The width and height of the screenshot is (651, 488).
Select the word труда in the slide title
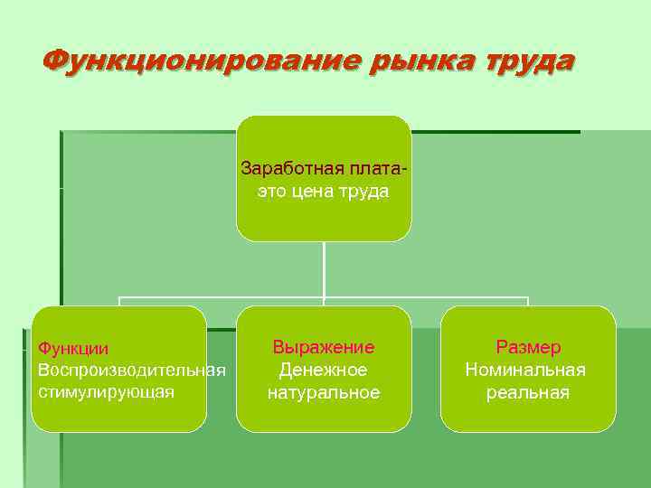point(524,61)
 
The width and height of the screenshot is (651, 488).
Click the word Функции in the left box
point(73,348)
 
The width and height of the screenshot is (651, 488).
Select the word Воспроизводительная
point(131,371)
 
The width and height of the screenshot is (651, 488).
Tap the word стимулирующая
point(106,393)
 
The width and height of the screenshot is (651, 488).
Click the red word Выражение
point(324,347)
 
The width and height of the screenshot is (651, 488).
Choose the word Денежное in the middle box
point(324,370)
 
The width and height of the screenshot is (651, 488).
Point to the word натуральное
point(324,392)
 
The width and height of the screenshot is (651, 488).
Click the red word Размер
point(528,347)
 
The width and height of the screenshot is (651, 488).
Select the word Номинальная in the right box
point(525,370)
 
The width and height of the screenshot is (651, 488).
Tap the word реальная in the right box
point(528,392)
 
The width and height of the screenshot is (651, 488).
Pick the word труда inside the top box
point(365,192)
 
